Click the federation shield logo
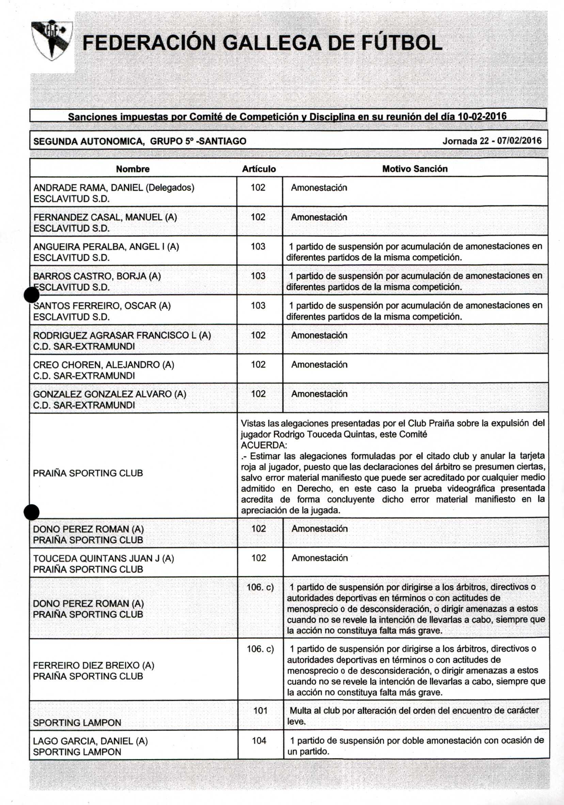(52, 40)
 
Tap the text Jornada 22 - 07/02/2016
(491, 141)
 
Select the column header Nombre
(133, 169)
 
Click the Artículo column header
(259, 169)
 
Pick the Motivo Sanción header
(415, 169)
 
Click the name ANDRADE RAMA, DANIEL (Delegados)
(113, 188)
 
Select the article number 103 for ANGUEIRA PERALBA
(258, 247)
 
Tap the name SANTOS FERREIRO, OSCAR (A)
(102, 306)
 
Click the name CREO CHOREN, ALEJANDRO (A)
(104, 364)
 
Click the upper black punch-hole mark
(32, 295)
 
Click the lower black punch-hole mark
(32, 512)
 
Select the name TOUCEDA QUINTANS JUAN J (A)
(104, 558)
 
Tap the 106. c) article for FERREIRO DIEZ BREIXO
(260, 649)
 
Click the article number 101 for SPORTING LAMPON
(260, 711)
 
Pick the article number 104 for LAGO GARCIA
(259, 741)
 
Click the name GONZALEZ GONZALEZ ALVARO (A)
(110, 394)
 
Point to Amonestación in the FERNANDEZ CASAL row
(319, 218)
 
